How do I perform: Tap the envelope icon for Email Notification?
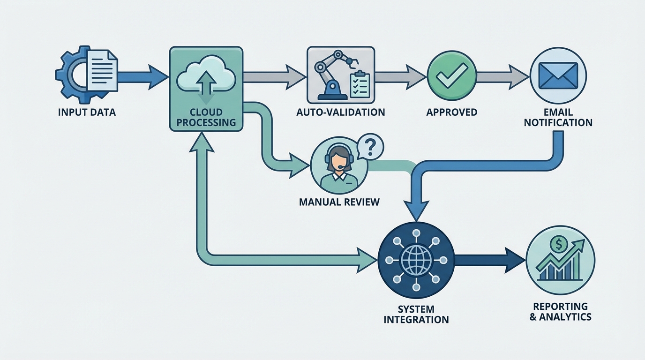point(558,75)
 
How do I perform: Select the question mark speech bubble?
point(370,148)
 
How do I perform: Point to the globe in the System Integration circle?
point(415,260)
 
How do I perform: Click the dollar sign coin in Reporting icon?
point(557,243)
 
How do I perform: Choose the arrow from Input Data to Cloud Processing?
point(141,75)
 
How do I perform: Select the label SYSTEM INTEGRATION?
point(416,315)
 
